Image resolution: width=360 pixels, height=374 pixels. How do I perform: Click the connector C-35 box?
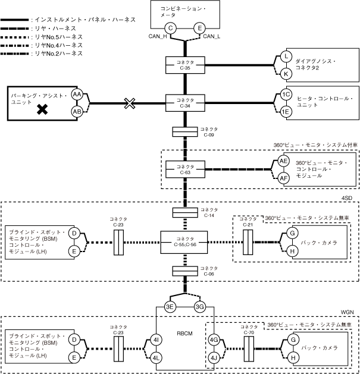pyautogui.click(x=186, y=65)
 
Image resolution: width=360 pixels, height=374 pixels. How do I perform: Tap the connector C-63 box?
pyautogui.click(x=186, y=169)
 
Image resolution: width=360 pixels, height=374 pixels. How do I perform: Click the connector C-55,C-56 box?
pyautogui.click(x=186, y=241)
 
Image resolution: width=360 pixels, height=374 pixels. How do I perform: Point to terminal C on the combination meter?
pyautogui.click(x=171, y=28)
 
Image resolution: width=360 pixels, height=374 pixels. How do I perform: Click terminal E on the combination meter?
pyautogui.click(x=199, y=28)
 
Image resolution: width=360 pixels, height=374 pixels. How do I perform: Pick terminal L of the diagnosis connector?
pyautogui.click(x=286, y=57)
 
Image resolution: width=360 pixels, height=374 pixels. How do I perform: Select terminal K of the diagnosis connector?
pyautogui.click(x=286, y=73)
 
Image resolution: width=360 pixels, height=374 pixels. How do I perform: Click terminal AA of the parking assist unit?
pyautogui.click(x=77, y=95)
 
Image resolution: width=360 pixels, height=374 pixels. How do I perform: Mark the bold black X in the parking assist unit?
pyautogui.click(x=42, y=109)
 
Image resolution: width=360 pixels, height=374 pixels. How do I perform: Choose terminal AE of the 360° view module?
pyautogui.click(x=284, y=161)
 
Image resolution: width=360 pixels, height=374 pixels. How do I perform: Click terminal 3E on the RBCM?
pyautogui.click(x=170, y=307)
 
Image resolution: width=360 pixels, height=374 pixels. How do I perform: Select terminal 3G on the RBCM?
pyautogui.click(x=200, y=307)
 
